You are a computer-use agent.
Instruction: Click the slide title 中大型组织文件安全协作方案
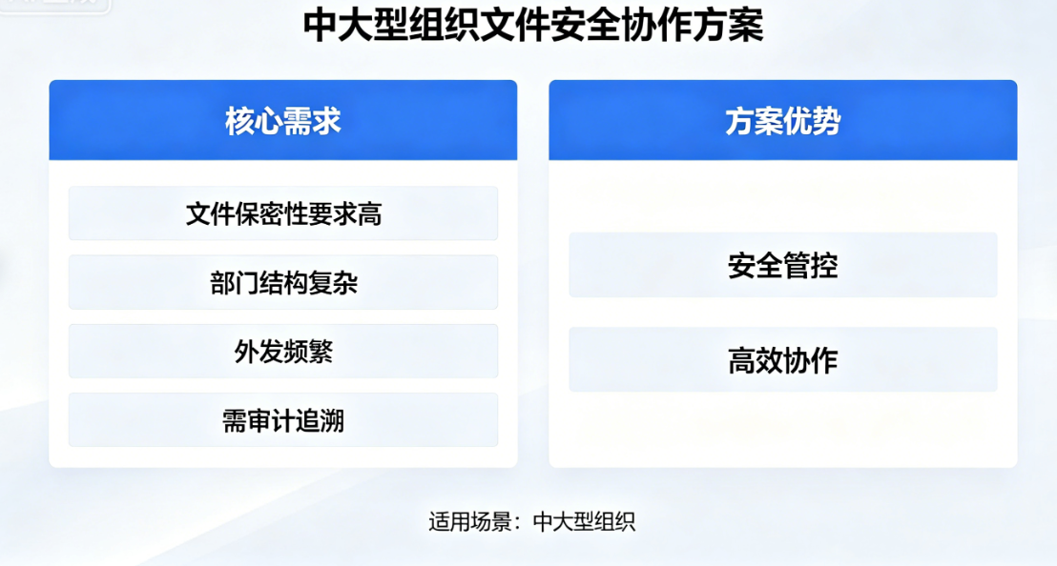pyautogui.click(x=533, y=26)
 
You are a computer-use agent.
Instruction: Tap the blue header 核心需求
pyautogui.click(x=283, y=120)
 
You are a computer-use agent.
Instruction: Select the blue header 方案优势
pyautogui.click(x=782, y=120)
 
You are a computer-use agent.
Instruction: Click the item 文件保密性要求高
pyautogui.click(x=283, y=213)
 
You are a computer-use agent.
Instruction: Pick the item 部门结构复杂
pyautogui.click(x=283, y=283)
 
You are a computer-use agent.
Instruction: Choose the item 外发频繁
pyautogui.click(x=283, y=352)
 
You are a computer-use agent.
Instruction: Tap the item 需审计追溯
pyautogui.click(x=283, y=420)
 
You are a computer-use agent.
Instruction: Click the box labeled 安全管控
pyautogui.click(x=782, y=265)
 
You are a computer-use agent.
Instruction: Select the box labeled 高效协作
pyautogui.click(x=782, y=360)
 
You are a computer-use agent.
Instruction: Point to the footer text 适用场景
pyautogui.click(x=470, y=521)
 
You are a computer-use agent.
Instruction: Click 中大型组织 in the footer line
pyautogui.click(x=584, y=521)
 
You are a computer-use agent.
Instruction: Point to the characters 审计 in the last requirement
pyautogui.click(x=283, y=420)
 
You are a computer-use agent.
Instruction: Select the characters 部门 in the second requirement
pyautogui.click(x=234, y=283)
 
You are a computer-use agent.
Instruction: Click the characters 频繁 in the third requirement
pyautogui.click(x=308, y=352)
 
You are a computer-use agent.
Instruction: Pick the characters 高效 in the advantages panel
pyautogui.click(x=755, y=360)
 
